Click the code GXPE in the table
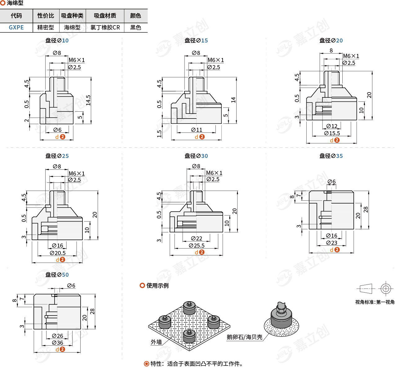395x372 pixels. pos(16,27)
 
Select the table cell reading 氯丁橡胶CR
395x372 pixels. pos(105,27)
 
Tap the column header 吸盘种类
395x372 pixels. pos(72,16)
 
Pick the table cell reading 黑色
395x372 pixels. pos(135,27)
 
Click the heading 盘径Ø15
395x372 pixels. pos(196,40)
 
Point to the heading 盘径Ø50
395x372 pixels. pos(57,275)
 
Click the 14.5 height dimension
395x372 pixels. pos(88,100)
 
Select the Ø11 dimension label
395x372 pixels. pos(197,130)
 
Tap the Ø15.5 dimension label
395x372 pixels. pos(332,133)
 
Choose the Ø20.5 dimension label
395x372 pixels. pos(57,253)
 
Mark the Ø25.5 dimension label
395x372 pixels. pos(197,245)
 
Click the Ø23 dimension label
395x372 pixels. pos(331,243)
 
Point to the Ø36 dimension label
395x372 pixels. pos(57,343)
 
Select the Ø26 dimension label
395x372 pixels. pos(57,336)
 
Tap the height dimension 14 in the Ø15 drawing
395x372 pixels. pos(233,100)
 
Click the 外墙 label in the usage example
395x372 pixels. pos(156,342)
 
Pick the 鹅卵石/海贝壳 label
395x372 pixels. pos(244,337)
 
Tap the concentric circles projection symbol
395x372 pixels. pos(385,289)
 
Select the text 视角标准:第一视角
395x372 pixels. pos(375,302)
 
